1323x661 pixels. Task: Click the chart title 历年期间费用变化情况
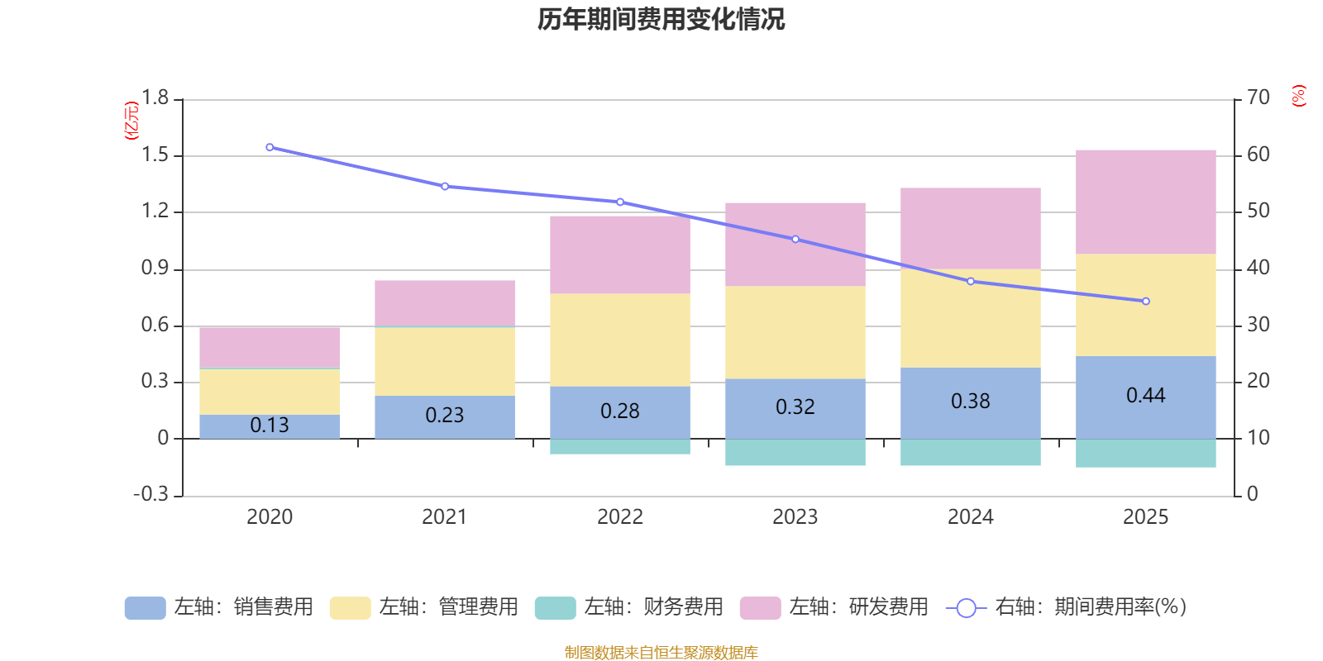661,19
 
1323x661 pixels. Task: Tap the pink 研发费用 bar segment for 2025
1145,202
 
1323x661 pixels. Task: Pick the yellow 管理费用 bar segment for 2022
620,340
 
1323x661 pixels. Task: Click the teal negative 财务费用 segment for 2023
795,452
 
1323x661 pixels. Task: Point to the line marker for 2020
270,147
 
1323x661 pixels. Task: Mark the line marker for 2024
971,281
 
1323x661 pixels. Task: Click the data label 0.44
1145,396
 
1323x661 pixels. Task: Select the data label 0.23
445,415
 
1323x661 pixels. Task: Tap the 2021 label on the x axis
445,517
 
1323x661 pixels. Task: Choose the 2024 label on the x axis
971,517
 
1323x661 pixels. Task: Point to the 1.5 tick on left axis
155,155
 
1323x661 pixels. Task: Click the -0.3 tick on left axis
150,494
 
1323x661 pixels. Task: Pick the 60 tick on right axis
1258,155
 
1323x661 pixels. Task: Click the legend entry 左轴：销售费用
219,607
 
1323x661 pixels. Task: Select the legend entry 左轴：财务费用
629,607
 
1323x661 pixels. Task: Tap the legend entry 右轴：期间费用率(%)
1066,607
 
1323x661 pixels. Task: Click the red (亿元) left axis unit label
131,121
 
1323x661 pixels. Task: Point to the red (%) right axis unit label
1298,96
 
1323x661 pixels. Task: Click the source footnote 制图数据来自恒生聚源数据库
661,653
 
